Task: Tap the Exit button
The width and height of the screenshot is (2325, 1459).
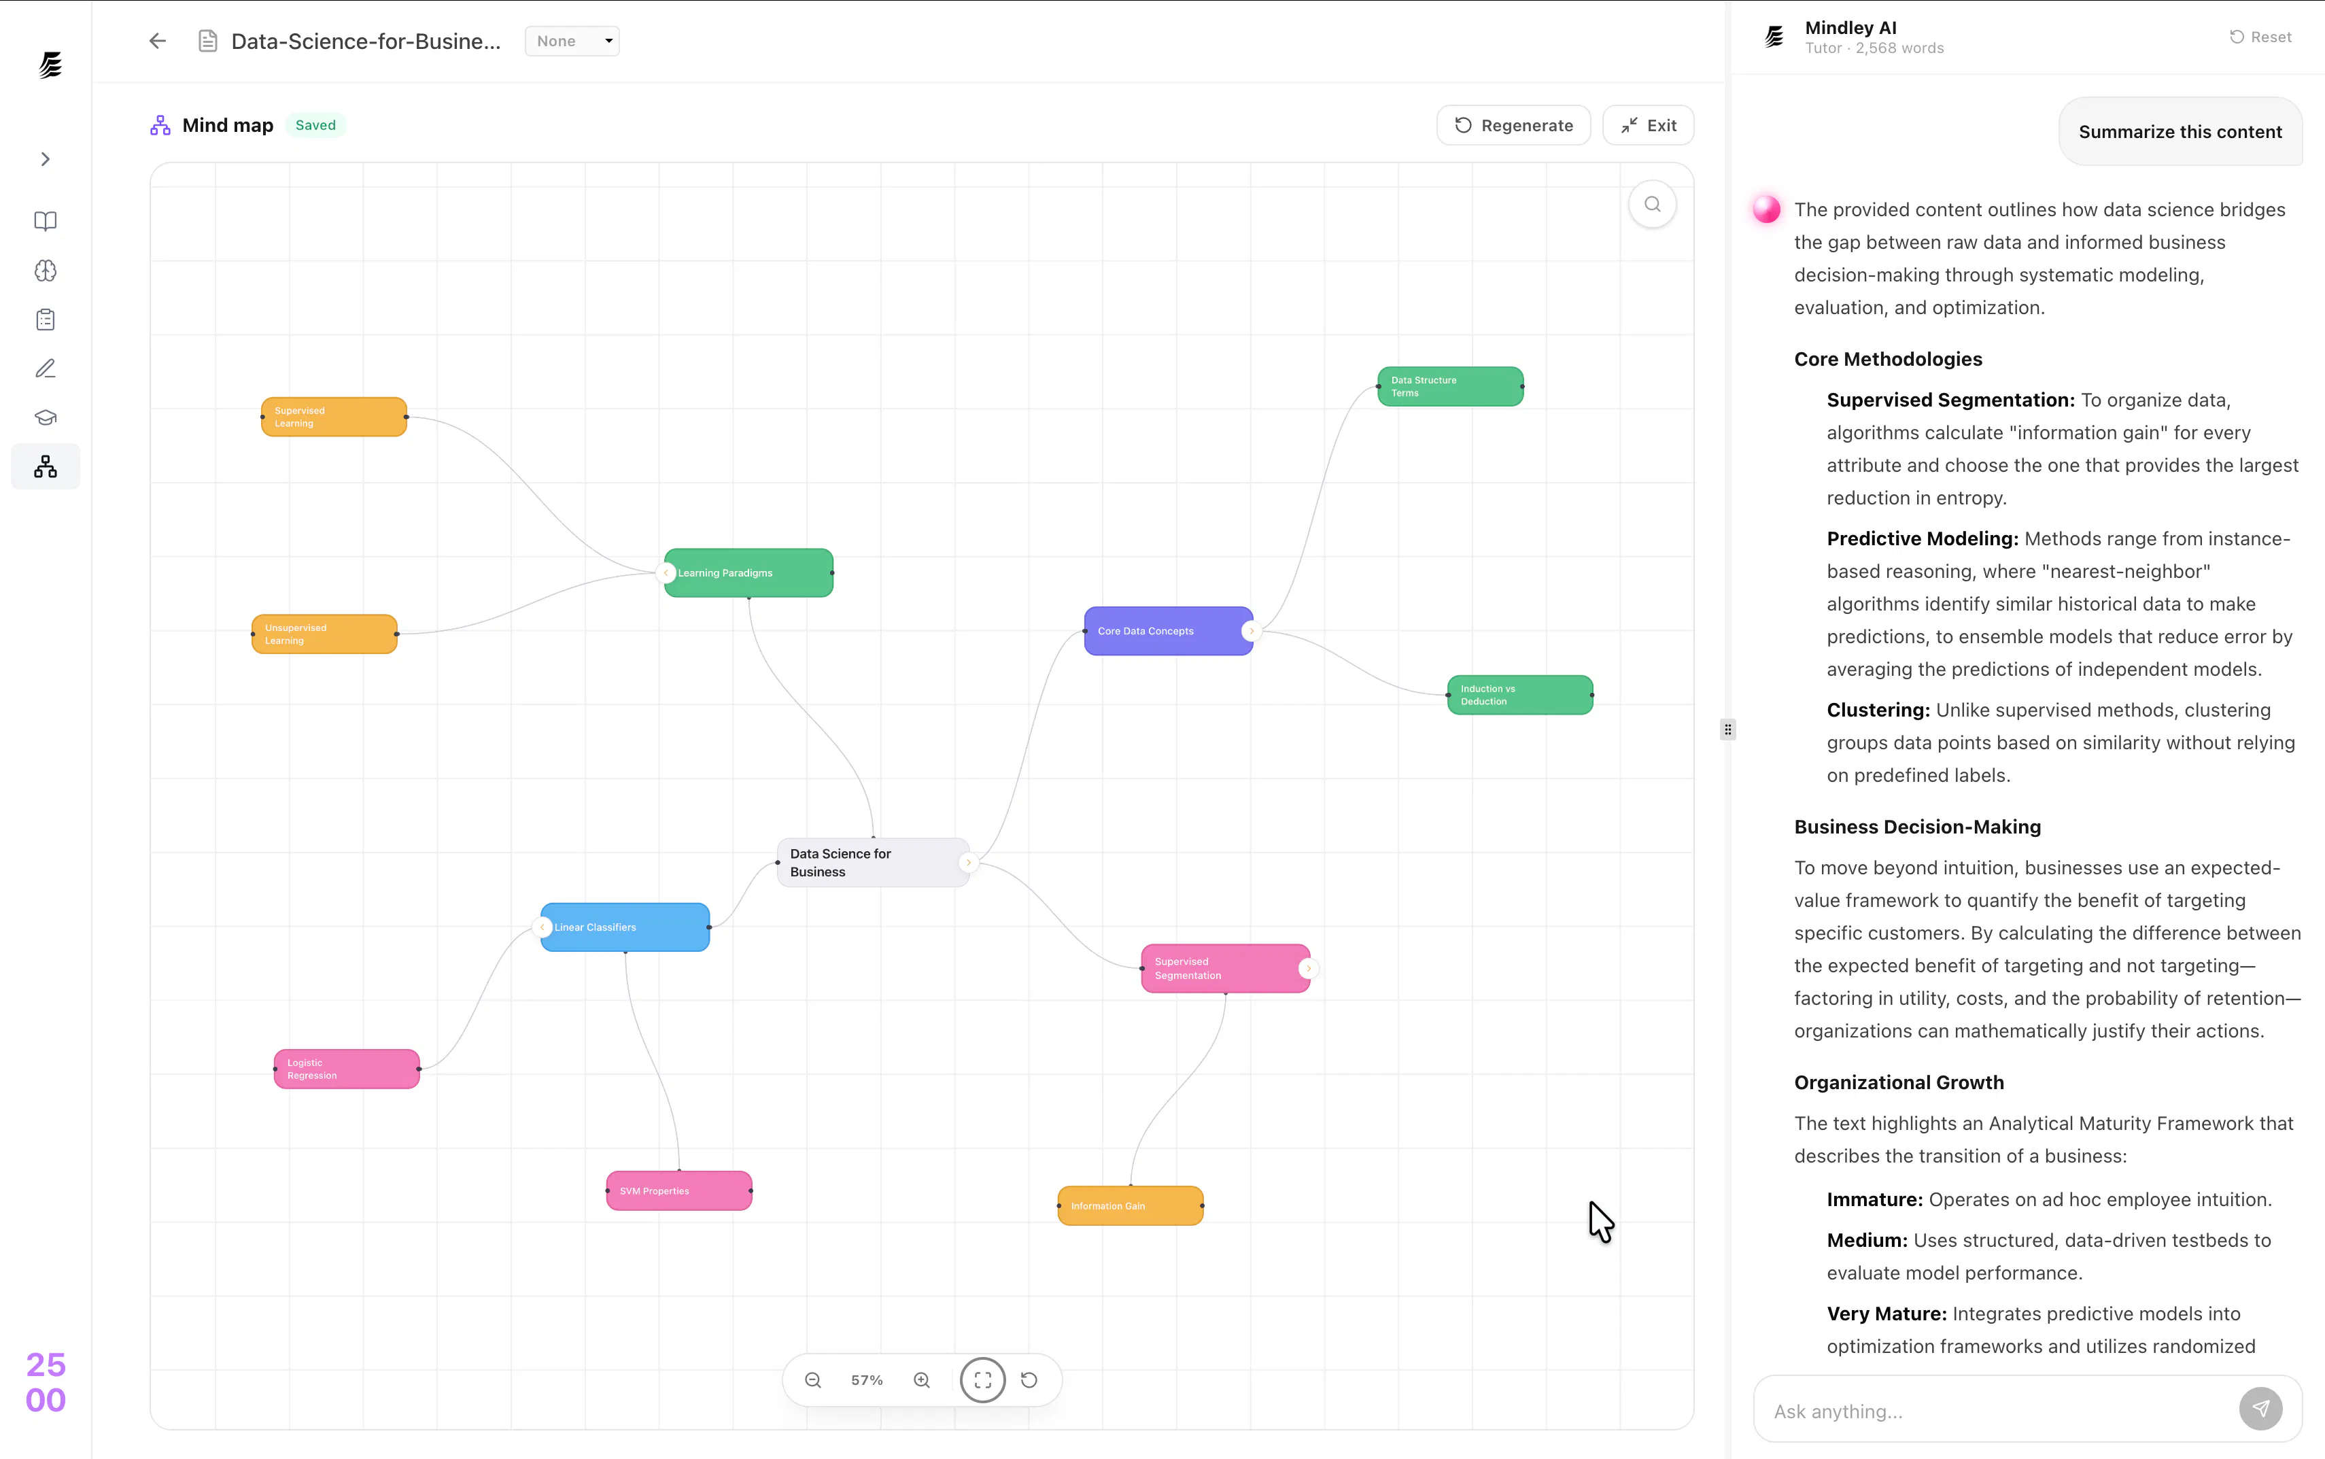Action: click(x=1648, y=126)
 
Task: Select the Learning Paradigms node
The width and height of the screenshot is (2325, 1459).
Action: click(x=748, y=573)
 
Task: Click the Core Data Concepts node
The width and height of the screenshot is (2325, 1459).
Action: click(x=1169, y=631)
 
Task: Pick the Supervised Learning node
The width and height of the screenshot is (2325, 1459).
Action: click(x=334, y=417)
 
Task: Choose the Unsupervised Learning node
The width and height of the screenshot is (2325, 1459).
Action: click(x=324, y=634)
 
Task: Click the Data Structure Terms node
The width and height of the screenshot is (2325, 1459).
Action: click(x=1450, y=386)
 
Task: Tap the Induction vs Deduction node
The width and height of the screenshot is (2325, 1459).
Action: click(x=1519, y=695)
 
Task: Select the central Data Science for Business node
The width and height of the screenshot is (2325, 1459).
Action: click(x=873, y=863)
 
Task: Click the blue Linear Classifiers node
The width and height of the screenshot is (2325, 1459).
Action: click(x=625, y=927)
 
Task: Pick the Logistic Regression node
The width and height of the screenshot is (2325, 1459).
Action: click(x=346, y=1069)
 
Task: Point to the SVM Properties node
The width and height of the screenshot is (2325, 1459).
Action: click(x=679, y=1190)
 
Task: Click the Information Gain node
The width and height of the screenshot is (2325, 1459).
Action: click(x=1131, y=1206)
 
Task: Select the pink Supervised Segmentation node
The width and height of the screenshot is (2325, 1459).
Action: click(x=1225, y=969)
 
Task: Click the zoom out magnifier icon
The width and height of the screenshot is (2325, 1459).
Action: click(x=813, y=1381)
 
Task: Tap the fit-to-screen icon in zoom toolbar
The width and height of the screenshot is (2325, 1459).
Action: click(x=983, y=1381)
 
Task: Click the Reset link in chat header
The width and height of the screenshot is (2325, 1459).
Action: click(x=2260, y=37)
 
